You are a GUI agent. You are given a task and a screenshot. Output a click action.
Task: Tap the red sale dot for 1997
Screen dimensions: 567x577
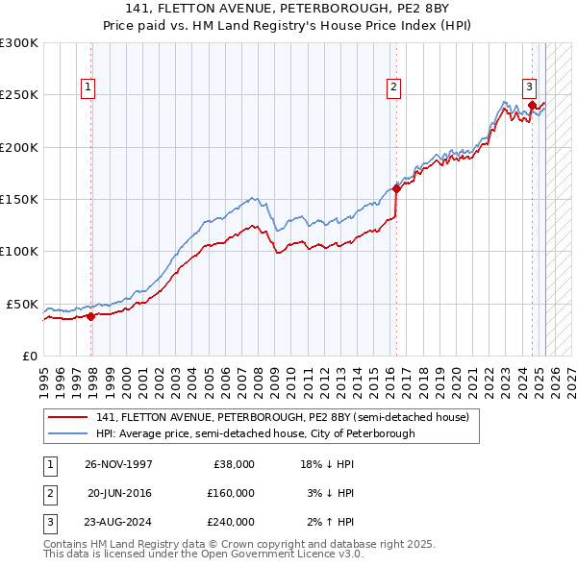pos(91,315)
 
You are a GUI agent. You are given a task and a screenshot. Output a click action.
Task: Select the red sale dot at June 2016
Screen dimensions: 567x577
pos(396,189)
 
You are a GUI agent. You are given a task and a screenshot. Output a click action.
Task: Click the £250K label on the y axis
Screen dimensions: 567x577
pos(19,95)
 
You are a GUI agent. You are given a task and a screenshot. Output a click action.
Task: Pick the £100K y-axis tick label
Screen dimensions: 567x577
pos(19,251)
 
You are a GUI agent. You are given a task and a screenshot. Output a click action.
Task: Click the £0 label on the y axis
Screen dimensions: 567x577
pos(29,356)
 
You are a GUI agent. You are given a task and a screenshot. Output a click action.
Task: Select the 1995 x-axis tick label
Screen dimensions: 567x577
pos(44,379)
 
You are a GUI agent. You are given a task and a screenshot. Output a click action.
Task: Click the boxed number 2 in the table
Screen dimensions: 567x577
pos(49,493)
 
